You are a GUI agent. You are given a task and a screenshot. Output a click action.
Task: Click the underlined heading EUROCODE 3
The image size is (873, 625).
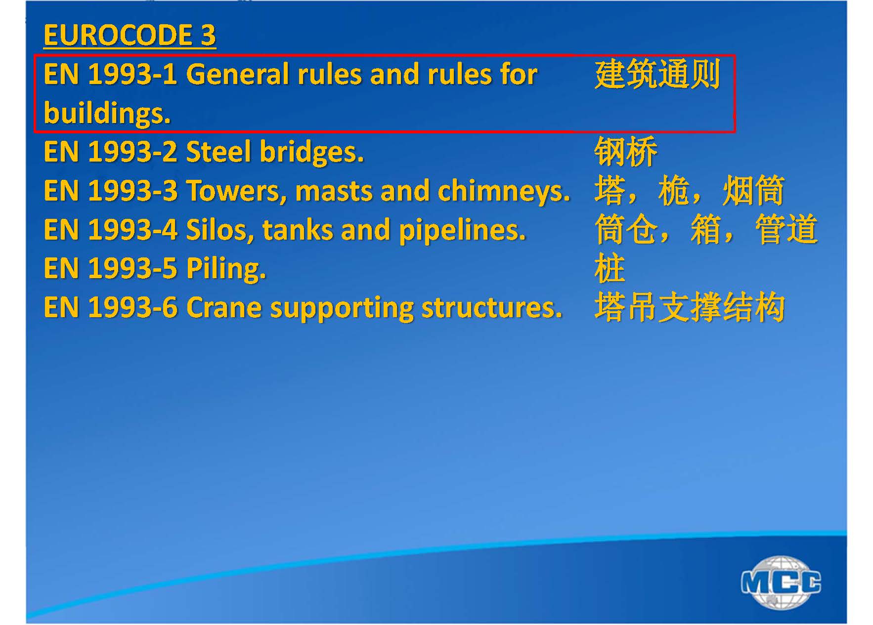(x=130, y=36)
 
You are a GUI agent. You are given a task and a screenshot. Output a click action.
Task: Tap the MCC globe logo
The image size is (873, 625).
(x=781, y=582)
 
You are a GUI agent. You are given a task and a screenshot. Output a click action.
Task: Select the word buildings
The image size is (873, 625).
(x=107, y=113)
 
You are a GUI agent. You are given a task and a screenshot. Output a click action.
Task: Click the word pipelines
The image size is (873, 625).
(x=462, y=230)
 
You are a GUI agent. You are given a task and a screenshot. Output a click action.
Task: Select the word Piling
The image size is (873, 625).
(x=226, y=269)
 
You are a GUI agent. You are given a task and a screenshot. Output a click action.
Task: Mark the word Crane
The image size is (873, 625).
(x=224, y=307)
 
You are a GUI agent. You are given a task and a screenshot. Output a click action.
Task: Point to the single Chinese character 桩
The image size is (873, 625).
(x=610, y=269)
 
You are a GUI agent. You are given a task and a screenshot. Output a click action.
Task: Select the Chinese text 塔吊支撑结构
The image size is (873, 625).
(x=690, y=307)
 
